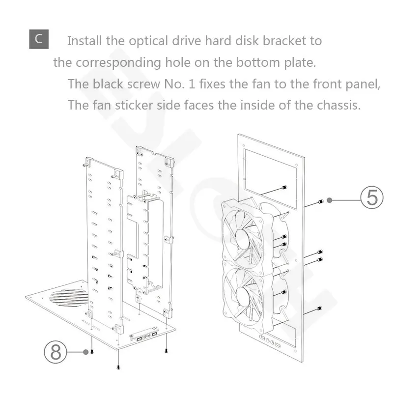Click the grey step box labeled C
(x=39, y=39)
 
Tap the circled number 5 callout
(x=372, y=197)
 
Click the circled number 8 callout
(x=56, y=352)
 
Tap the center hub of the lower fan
(x=244, y=295)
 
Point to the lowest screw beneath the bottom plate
(x=118, y=367)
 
